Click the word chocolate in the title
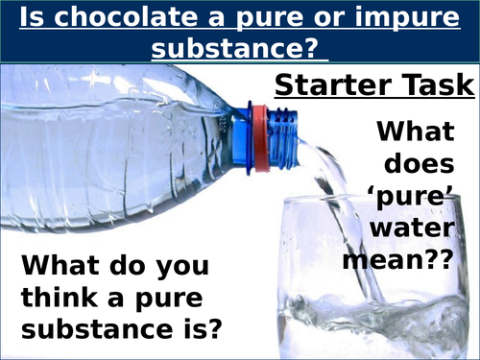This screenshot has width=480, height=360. [109, 16]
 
